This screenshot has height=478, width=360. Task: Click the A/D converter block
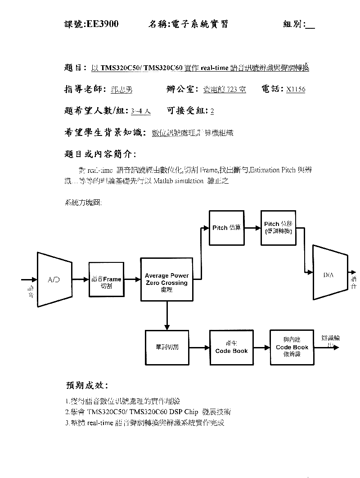click(x=54, y=280)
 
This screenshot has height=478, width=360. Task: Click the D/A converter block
click(x=330, y=273)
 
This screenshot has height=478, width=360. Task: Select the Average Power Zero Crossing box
click(x=166, y=280)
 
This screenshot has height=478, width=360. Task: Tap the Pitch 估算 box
click(x=227, y=228)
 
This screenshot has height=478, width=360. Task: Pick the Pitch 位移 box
click(x=278, y=228)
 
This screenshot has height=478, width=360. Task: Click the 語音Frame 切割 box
click(x=106, y=280)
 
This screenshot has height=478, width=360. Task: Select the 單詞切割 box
click(x=166, y=347)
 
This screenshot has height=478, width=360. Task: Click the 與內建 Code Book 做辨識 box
click(x=292, y=347)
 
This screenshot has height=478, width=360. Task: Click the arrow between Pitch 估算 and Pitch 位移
click(x=252, y=228)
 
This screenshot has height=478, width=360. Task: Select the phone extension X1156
click(x=296, y=89)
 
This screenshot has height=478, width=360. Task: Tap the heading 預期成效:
click(x=87, y=386)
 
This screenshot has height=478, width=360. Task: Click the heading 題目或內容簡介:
click(x=100, y=154)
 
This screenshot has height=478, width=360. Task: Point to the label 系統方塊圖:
click(x=84, y=203)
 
